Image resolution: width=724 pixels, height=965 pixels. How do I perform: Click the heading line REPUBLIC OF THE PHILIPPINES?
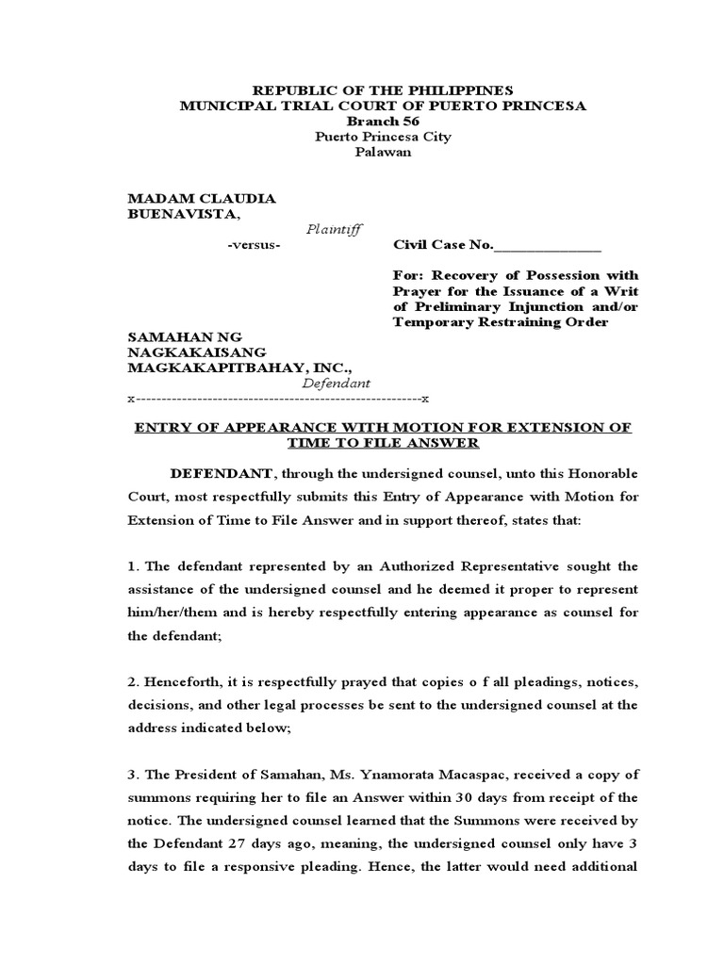coord(383,90)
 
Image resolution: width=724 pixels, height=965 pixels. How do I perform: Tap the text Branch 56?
coord(383,122)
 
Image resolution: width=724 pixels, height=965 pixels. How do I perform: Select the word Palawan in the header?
coord(383,153)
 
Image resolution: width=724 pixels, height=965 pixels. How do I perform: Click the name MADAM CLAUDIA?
coord(202,199)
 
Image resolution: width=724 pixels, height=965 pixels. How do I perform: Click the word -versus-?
coord(254,245)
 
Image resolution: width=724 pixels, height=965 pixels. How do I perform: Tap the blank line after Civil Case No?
coord(547,247)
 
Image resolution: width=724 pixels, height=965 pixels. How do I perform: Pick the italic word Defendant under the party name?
coord(337,384)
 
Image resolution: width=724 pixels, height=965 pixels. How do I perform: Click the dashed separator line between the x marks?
coord(278,400)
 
